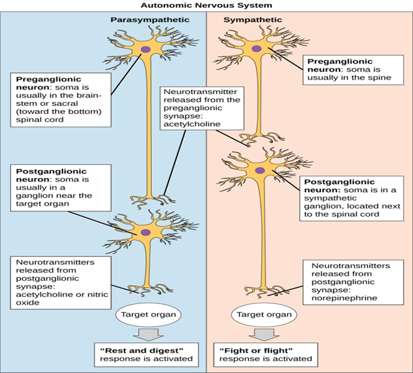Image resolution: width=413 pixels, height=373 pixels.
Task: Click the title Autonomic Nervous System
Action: (206, 5)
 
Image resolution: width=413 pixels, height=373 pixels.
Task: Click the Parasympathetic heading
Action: (150, 20)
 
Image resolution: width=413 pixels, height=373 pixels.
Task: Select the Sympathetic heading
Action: (253, 20)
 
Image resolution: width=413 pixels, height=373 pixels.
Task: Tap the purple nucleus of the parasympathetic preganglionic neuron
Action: (145, 49)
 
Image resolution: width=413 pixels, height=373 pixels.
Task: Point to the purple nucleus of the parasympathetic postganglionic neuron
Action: (145, 233)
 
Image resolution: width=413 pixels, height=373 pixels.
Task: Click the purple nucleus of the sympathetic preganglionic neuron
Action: (257, 49)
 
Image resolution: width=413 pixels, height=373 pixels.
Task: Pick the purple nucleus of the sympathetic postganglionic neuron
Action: (260, 170)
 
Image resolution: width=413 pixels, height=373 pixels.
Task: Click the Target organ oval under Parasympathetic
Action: (148, 315)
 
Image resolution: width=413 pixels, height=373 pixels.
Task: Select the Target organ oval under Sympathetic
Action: (264, 315)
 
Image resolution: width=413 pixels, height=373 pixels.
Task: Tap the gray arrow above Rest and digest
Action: (148, 335)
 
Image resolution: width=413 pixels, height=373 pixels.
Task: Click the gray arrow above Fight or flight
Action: (264, 335)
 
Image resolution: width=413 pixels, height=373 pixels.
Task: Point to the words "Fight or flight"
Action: (256, 350)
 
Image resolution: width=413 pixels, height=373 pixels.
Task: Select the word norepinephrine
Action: (344, 298)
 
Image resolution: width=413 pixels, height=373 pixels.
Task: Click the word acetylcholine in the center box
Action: (192, 124)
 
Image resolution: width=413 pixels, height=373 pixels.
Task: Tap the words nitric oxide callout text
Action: (62, 298)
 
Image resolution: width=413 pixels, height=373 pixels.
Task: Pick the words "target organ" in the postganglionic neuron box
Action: (42, 204)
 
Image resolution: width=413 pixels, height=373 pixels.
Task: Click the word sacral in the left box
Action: (65, 103)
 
